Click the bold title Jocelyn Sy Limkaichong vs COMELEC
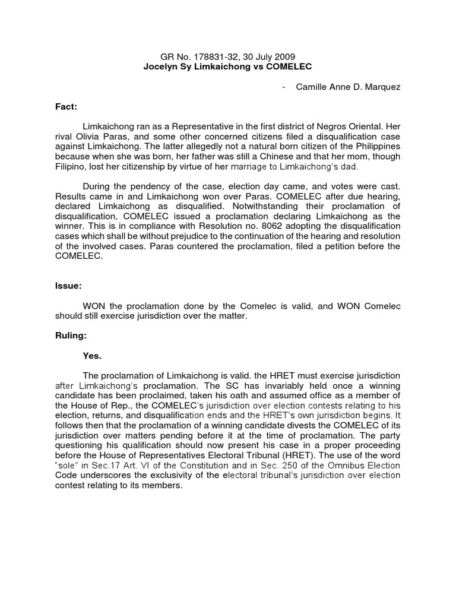point(227,67)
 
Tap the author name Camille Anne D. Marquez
point(350,87)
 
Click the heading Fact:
point(67,107)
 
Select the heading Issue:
point(69,286)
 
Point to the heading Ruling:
point(71,335)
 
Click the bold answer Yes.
point(92,356)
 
